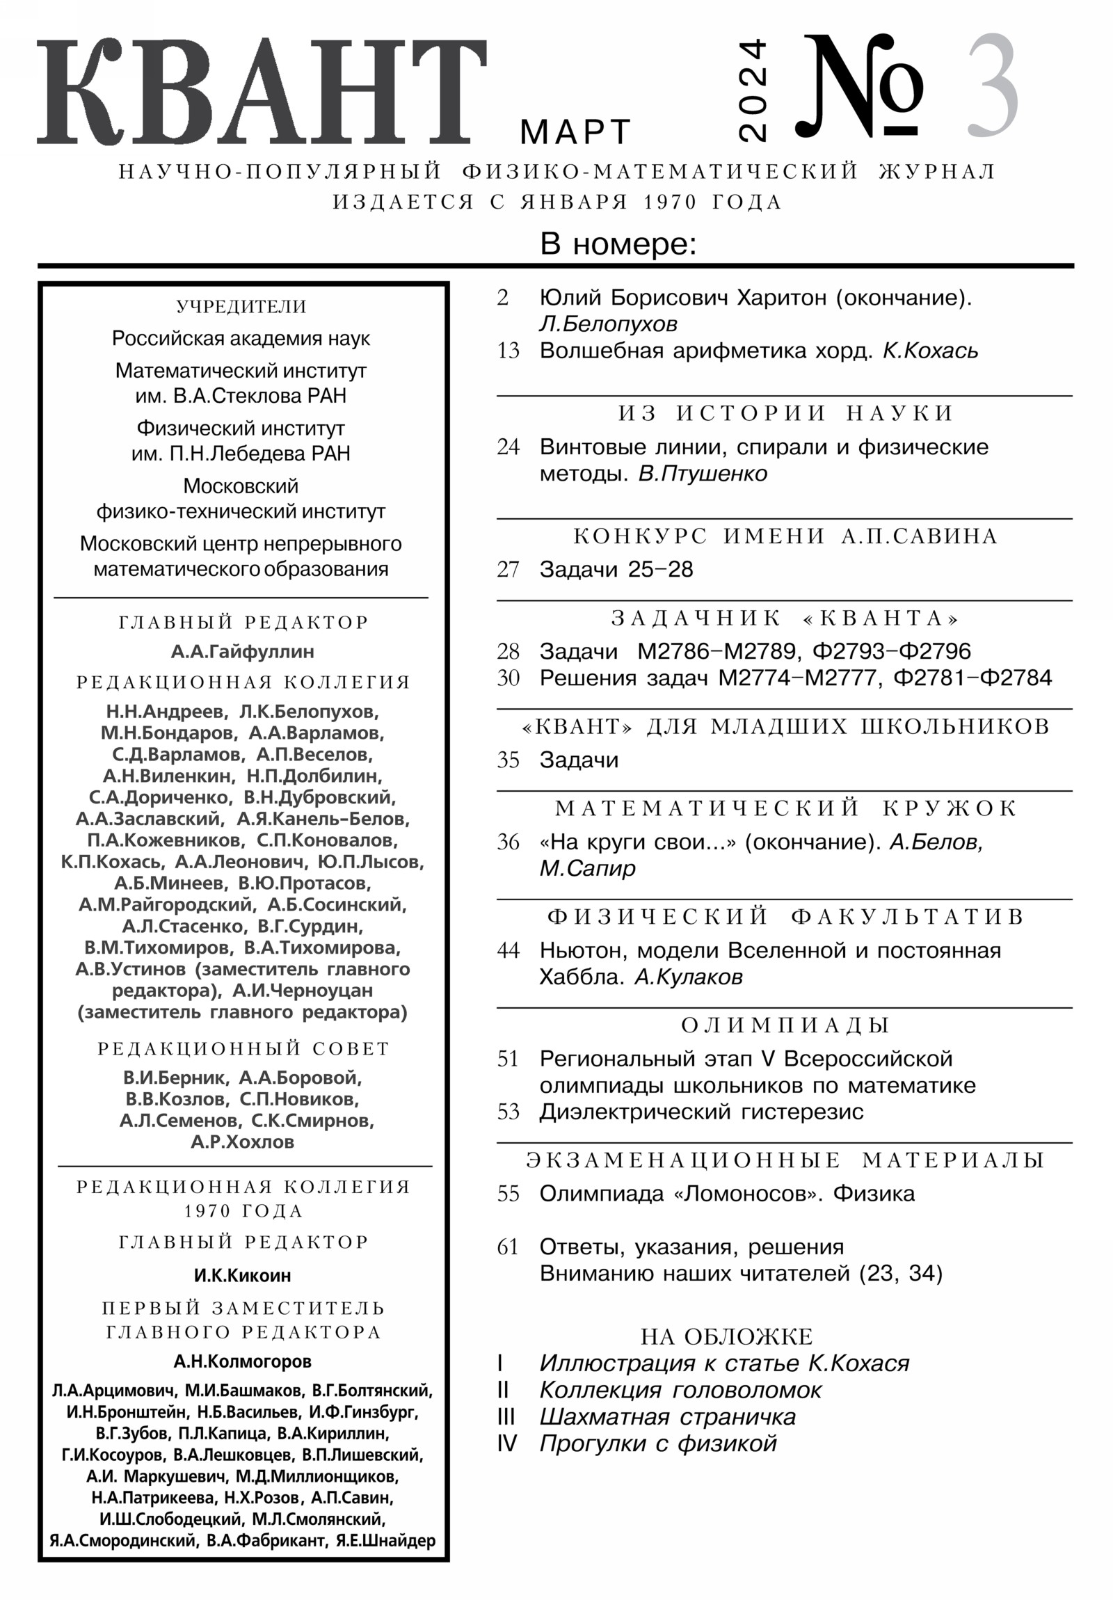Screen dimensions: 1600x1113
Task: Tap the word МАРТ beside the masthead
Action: click(x=575, y=131)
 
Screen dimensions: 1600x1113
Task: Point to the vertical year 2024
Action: click(x=752, y=90)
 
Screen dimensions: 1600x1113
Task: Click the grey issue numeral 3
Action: click(x=993, y=87)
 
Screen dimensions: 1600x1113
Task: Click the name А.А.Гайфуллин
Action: click(x=243, y=652)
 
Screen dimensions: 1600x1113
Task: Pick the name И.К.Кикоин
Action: click(x=243, y=1275)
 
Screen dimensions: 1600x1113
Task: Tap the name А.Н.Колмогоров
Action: click(x=243, y=1361)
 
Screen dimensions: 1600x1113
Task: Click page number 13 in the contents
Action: click(x=508, y=351)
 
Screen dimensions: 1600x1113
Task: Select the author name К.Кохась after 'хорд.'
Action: click(x=931, y=351)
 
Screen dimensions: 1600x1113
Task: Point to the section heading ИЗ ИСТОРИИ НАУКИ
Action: click(x=785, y=413)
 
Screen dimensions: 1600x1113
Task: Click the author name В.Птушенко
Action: click(x=703, y=474)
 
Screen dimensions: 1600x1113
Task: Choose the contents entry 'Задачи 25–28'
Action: click(x=616, y=569)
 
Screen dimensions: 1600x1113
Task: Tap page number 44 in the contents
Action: click(x=508, y=950)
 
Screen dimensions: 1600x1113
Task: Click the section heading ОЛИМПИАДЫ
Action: click(x=785, y=1025)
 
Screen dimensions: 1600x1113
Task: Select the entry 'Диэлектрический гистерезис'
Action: click(x=701, y=1112)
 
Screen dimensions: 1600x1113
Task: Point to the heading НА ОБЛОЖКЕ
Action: click(x=727, y=1336)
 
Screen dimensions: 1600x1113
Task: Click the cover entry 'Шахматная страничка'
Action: click(x=667, y=1417)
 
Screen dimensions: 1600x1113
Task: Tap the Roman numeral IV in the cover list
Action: click(x=506, y=1443)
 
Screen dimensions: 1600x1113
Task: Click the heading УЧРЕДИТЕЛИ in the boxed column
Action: click(x=242, y=307)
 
